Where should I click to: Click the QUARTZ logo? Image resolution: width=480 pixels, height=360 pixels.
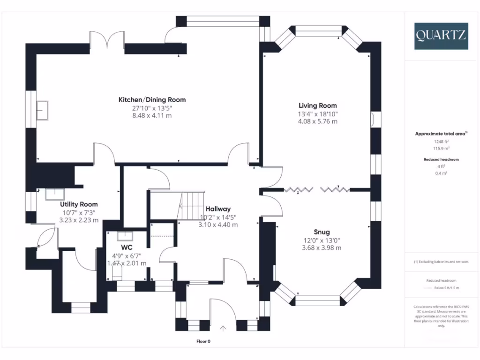coord(441,36)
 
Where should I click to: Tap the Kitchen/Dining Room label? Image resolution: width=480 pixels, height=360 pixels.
coord(152,99)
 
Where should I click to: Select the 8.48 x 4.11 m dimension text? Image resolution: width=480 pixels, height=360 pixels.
coord(152,115)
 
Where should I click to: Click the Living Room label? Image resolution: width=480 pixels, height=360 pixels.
coord(318,105)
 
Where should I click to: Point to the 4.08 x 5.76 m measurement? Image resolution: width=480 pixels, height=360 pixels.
coord(318,121)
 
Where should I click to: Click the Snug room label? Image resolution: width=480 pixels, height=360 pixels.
coord(322,232)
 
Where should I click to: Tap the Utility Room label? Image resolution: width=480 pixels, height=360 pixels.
coord(79,204)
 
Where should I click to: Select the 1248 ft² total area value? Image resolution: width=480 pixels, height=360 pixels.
coord(441,141)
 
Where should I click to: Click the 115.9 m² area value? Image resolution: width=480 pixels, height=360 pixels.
coord(441,148)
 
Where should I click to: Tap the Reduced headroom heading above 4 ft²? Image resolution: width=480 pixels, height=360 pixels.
coord(441,159)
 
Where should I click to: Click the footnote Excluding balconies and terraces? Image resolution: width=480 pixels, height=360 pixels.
coord(441,262)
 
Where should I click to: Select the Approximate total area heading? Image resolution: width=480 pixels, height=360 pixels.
coord(441,134)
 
